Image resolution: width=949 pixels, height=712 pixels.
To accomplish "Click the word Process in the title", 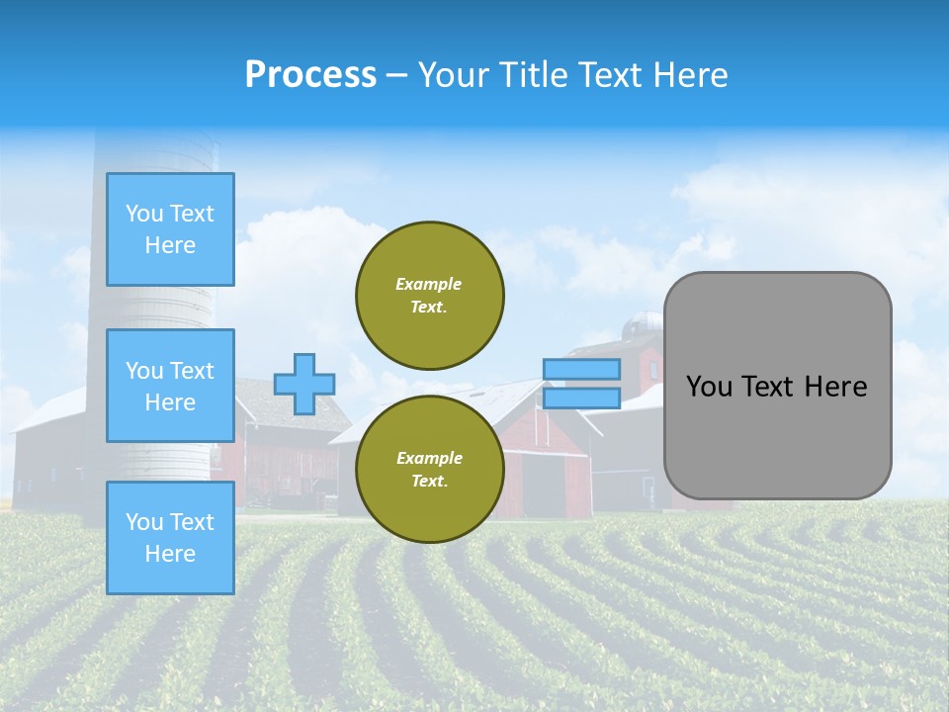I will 310,75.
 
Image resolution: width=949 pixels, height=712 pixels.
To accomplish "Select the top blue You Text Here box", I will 170,229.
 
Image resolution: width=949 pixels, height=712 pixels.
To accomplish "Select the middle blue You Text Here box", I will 170,386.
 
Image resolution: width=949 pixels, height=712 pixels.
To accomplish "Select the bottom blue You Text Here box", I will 170,538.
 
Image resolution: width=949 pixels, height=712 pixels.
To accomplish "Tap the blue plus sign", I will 304,384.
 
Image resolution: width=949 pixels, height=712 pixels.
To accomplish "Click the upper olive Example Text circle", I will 430,296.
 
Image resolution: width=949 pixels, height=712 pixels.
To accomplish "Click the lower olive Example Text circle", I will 430,470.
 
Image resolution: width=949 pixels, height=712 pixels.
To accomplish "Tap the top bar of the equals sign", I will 581,369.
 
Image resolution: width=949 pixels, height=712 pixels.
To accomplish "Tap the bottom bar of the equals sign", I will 581,399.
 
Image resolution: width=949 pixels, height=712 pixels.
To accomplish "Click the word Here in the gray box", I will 835,387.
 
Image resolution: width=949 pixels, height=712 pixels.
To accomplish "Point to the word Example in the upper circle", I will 429,284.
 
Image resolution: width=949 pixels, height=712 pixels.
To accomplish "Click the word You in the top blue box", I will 144,214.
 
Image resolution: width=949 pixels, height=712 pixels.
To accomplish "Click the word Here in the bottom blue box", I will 170,554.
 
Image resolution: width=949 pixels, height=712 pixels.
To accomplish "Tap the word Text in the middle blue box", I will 192,371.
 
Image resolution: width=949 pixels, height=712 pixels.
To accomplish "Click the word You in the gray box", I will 709,387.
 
